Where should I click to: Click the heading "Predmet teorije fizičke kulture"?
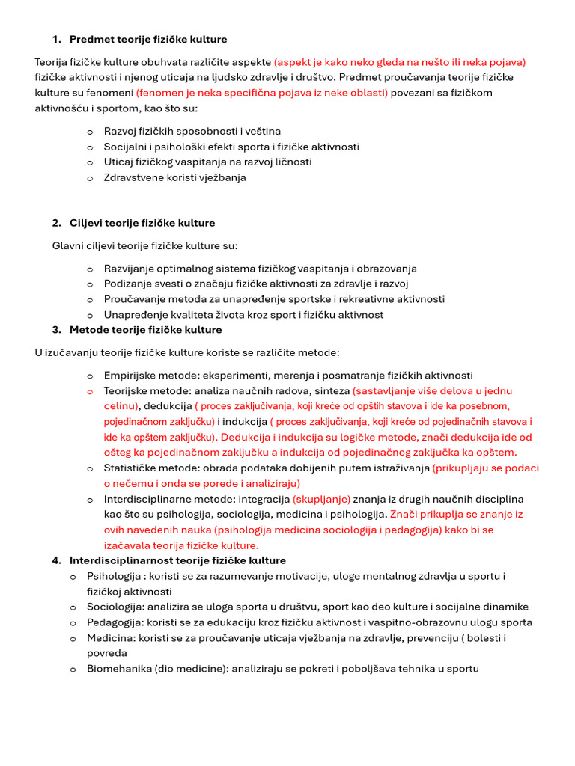pos(148,39)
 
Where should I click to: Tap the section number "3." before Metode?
pos(57,329)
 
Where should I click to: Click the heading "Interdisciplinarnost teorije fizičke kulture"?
pos(177,560)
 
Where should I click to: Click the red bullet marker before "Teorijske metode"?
pos(90,391)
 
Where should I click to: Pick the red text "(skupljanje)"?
pos(322,499)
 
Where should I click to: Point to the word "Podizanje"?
pos(127,284)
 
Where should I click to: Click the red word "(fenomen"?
pos(159,93)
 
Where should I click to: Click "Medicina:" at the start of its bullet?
pos(111,638)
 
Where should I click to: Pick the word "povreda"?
pos(107,653)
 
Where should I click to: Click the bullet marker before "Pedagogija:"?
pos(73,622)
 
